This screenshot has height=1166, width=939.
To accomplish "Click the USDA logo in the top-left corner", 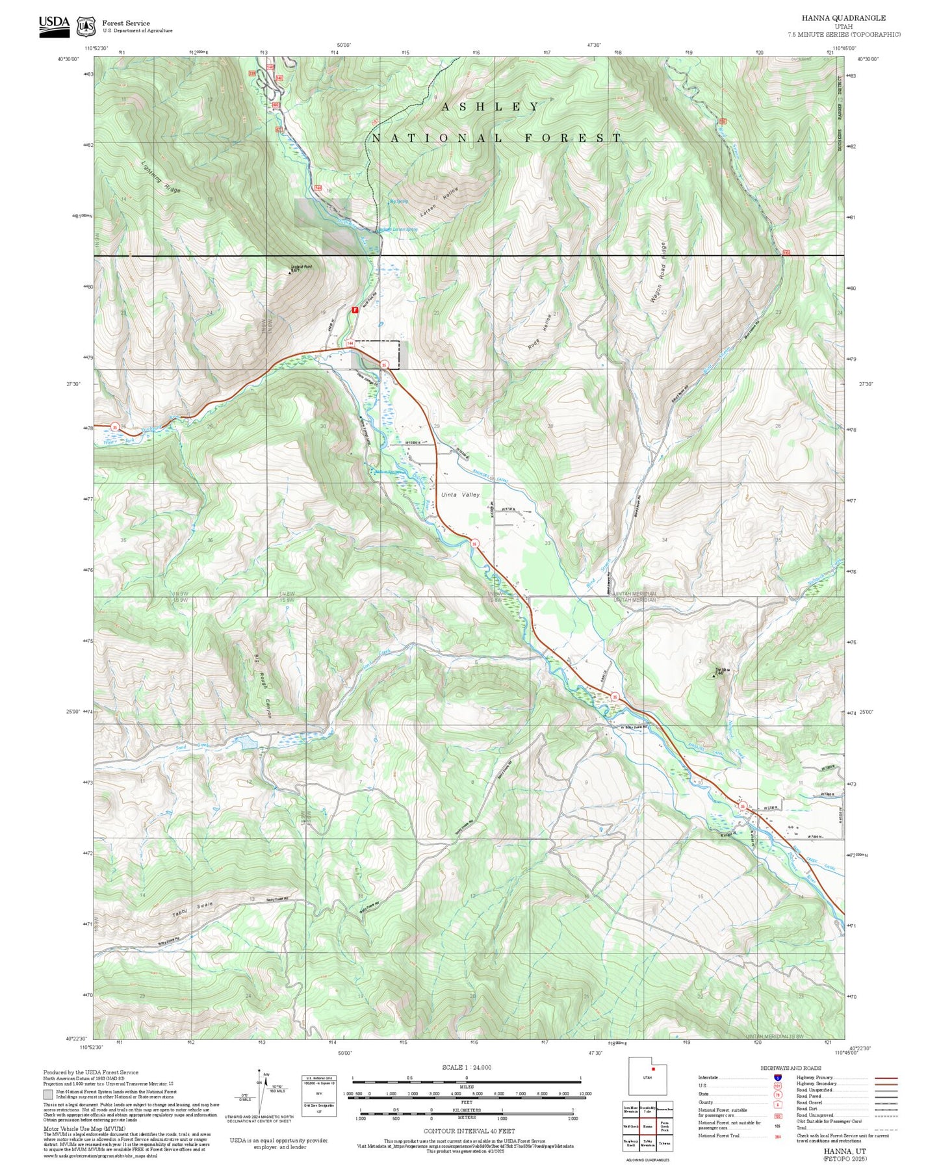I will click(x=54, y=26).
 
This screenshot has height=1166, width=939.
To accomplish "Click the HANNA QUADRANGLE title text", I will click(x=843, y=18).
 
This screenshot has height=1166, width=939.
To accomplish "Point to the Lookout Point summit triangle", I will click(x=290, y=273).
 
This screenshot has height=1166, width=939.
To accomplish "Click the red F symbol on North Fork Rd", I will click(x=355, y=311).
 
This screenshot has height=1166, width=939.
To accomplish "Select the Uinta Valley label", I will click(x=460, y=495).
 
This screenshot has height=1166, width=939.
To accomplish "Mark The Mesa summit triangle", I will click(x=715, y=676).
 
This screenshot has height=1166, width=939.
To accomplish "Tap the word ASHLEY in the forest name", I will click(x=491, y=107).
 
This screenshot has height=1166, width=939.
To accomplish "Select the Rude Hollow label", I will click(x=540, y=332).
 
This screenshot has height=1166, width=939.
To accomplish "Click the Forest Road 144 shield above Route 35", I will click(x=350, y=343).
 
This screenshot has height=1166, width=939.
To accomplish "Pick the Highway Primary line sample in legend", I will click(x=886, y=1078).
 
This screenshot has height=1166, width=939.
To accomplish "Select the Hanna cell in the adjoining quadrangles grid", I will click(x=647, y=1126).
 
